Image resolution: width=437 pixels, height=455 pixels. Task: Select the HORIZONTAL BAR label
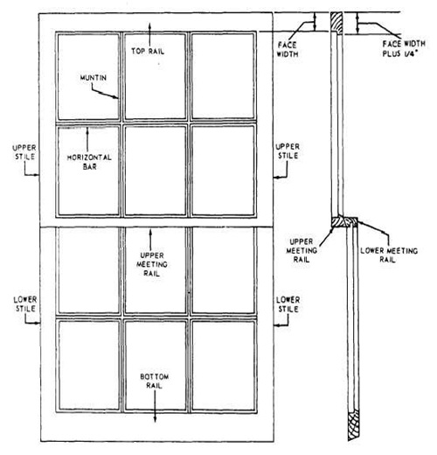coord(81,163)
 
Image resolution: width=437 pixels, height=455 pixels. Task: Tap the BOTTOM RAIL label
coord(155,382)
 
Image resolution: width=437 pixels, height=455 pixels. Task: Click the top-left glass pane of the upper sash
coord(88,76)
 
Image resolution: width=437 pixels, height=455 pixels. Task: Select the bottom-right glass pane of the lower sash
coord(223,362)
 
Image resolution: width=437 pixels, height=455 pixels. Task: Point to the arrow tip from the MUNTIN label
coord(120,99)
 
